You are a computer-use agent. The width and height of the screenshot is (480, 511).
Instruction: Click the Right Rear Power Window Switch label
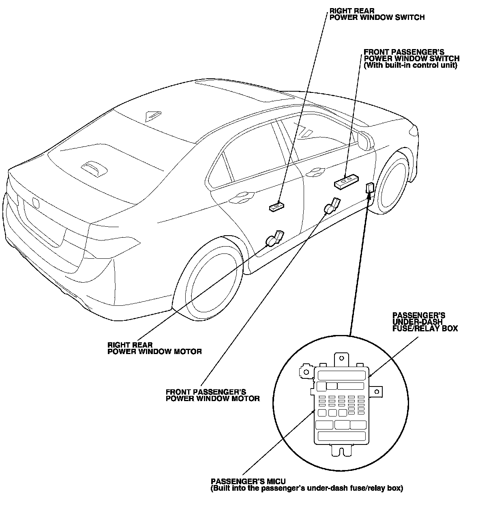click(377, 14)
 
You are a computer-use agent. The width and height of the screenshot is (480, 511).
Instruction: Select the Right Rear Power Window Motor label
click(154, 348)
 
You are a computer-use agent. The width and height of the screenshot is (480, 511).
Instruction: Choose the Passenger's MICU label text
click(306, 485)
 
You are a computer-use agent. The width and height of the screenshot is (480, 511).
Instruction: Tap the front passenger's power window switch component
click(347, 180)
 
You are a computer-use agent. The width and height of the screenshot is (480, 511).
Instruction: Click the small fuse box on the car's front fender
click(370, 188)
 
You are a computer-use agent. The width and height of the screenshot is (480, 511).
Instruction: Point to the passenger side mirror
click(365, 140)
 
